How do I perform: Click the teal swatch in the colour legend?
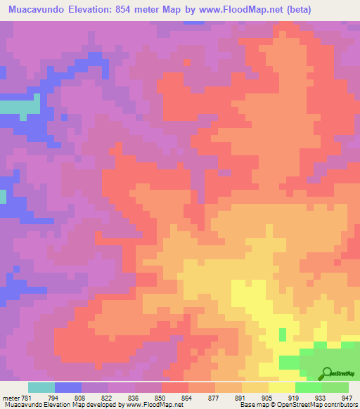point(41,387)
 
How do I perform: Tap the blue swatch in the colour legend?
point(68,387)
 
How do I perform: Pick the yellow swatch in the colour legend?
point(281,387)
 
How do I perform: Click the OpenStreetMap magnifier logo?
point(328,372)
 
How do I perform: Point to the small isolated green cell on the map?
point(283,334)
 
